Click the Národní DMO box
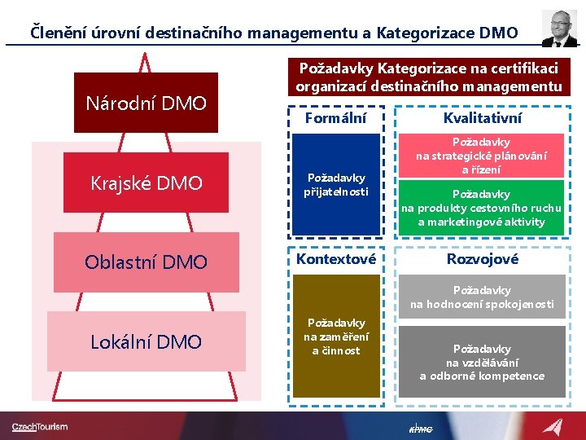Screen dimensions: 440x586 (x=146, y=103)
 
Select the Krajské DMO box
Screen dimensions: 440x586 (x=146, y=183)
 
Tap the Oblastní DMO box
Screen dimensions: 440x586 (x=146, y=262)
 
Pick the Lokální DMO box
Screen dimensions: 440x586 (x=146, y=341)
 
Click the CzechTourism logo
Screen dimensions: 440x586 (x=40, y=426)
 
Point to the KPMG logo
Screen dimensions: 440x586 (x=420, y=429)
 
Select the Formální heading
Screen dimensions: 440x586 (x=335, y=118)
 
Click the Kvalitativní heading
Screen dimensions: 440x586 (x=483, y=118)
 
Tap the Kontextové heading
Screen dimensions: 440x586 (x=335, y=259)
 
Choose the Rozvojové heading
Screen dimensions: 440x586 (x=483, y=259)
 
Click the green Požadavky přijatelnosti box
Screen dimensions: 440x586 (x=335, y=184)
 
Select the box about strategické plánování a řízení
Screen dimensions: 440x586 (x=482, y=156)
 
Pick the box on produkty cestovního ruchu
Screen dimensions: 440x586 (x=482, y=208)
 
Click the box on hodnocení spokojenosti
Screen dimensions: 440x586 (x=482, y=297)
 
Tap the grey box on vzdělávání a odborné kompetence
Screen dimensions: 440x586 (x=482, y=362)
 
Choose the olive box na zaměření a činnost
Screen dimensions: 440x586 (x=335, y=337)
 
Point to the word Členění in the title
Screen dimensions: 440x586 (x=59, y=33)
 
